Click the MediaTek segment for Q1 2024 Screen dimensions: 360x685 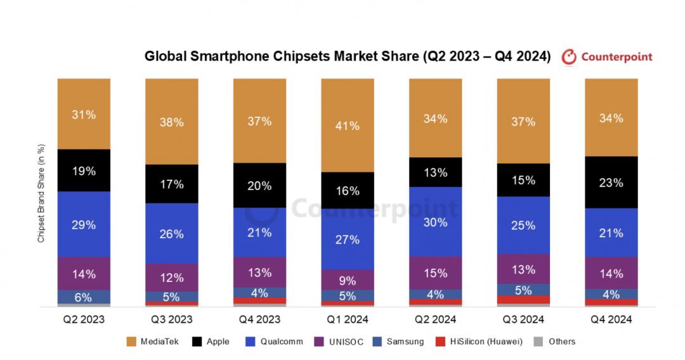347,125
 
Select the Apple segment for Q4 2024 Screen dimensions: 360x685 611,183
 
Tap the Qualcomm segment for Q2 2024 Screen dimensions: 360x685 435,222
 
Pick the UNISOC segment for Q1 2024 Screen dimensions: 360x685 347,280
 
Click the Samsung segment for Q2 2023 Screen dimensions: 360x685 84,297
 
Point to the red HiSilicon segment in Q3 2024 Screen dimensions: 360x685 523,299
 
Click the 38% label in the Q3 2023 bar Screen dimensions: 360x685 171,122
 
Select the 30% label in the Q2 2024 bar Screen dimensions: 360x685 435,222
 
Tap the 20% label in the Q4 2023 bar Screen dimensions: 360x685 259,186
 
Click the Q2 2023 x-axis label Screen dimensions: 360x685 84,319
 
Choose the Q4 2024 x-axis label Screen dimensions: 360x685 611,319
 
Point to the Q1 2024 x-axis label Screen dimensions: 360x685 347,319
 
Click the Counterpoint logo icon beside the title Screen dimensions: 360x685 570,56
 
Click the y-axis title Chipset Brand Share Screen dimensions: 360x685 41,194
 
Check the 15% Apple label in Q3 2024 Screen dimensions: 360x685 523,180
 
